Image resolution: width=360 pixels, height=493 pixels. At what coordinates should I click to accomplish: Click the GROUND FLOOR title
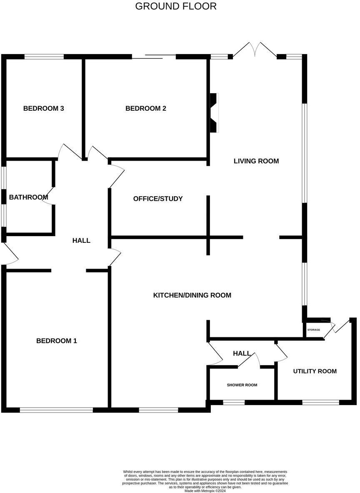click(x=176, y=6)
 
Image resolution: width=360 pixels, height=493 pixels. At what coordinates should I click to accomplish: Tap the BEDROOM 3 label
click(x=43, y=109)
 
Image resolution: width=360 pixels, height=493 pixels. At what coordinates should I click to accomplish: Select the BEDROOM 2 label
click(x=146, y=109)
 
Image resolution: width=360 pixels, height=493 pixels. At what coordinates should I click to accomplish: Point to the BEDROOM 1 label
click(x=57, y=341)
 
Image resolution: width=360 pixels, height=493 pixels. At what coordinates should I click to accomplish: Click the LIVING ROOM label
click(x=256, y=161)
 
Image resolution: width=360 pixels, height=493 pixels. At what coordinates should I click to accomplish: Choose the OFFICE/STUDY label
click(x=158, y=199)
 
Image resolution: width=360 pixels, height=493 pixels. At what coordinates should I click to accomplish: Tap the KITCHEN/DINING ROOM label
click(x=192, y=296)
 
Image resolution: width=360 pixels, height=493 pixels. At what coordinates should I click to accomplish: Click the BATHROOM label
click(x=28, y=197)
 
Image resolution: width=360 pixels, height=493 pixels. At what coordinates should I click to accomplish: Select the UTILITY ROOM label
click(x=315, y=371)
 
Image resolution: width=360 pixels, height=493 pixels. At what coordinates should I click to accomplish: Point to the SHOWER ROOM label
click(x=242, y=385)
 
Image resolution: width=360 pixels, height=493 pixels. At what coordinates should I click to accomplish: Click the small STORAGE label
click(x=314, y=330)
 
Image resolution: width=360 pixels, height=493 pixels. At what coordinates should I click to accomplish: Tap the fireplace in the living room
click(x=214, y=113)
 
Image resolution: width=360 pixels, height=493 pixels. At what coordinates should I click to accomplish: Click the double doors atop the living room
click(x=255, y=50)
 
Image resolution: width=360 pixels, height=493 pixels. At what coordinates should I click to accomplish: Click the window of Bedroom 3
click(x=44, y=57)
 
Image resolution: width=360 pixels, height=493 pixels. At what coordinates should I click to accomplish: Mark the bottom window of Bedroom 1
click(x=56, y=410)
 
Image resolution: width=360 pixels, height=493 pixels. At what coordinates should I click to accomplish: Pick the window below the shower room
click(x=234, y=403)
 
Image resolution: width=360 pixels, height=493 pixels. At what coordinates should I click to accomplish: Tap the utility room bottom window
click(x=320, y=403)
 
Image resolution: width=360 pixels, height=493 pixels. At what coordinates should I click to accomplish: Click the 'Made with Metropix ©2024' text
click(x=205, y=491)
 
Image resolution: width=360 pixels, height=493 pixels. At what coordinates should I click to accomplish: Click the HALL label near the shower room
click(x=242, y=354)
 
